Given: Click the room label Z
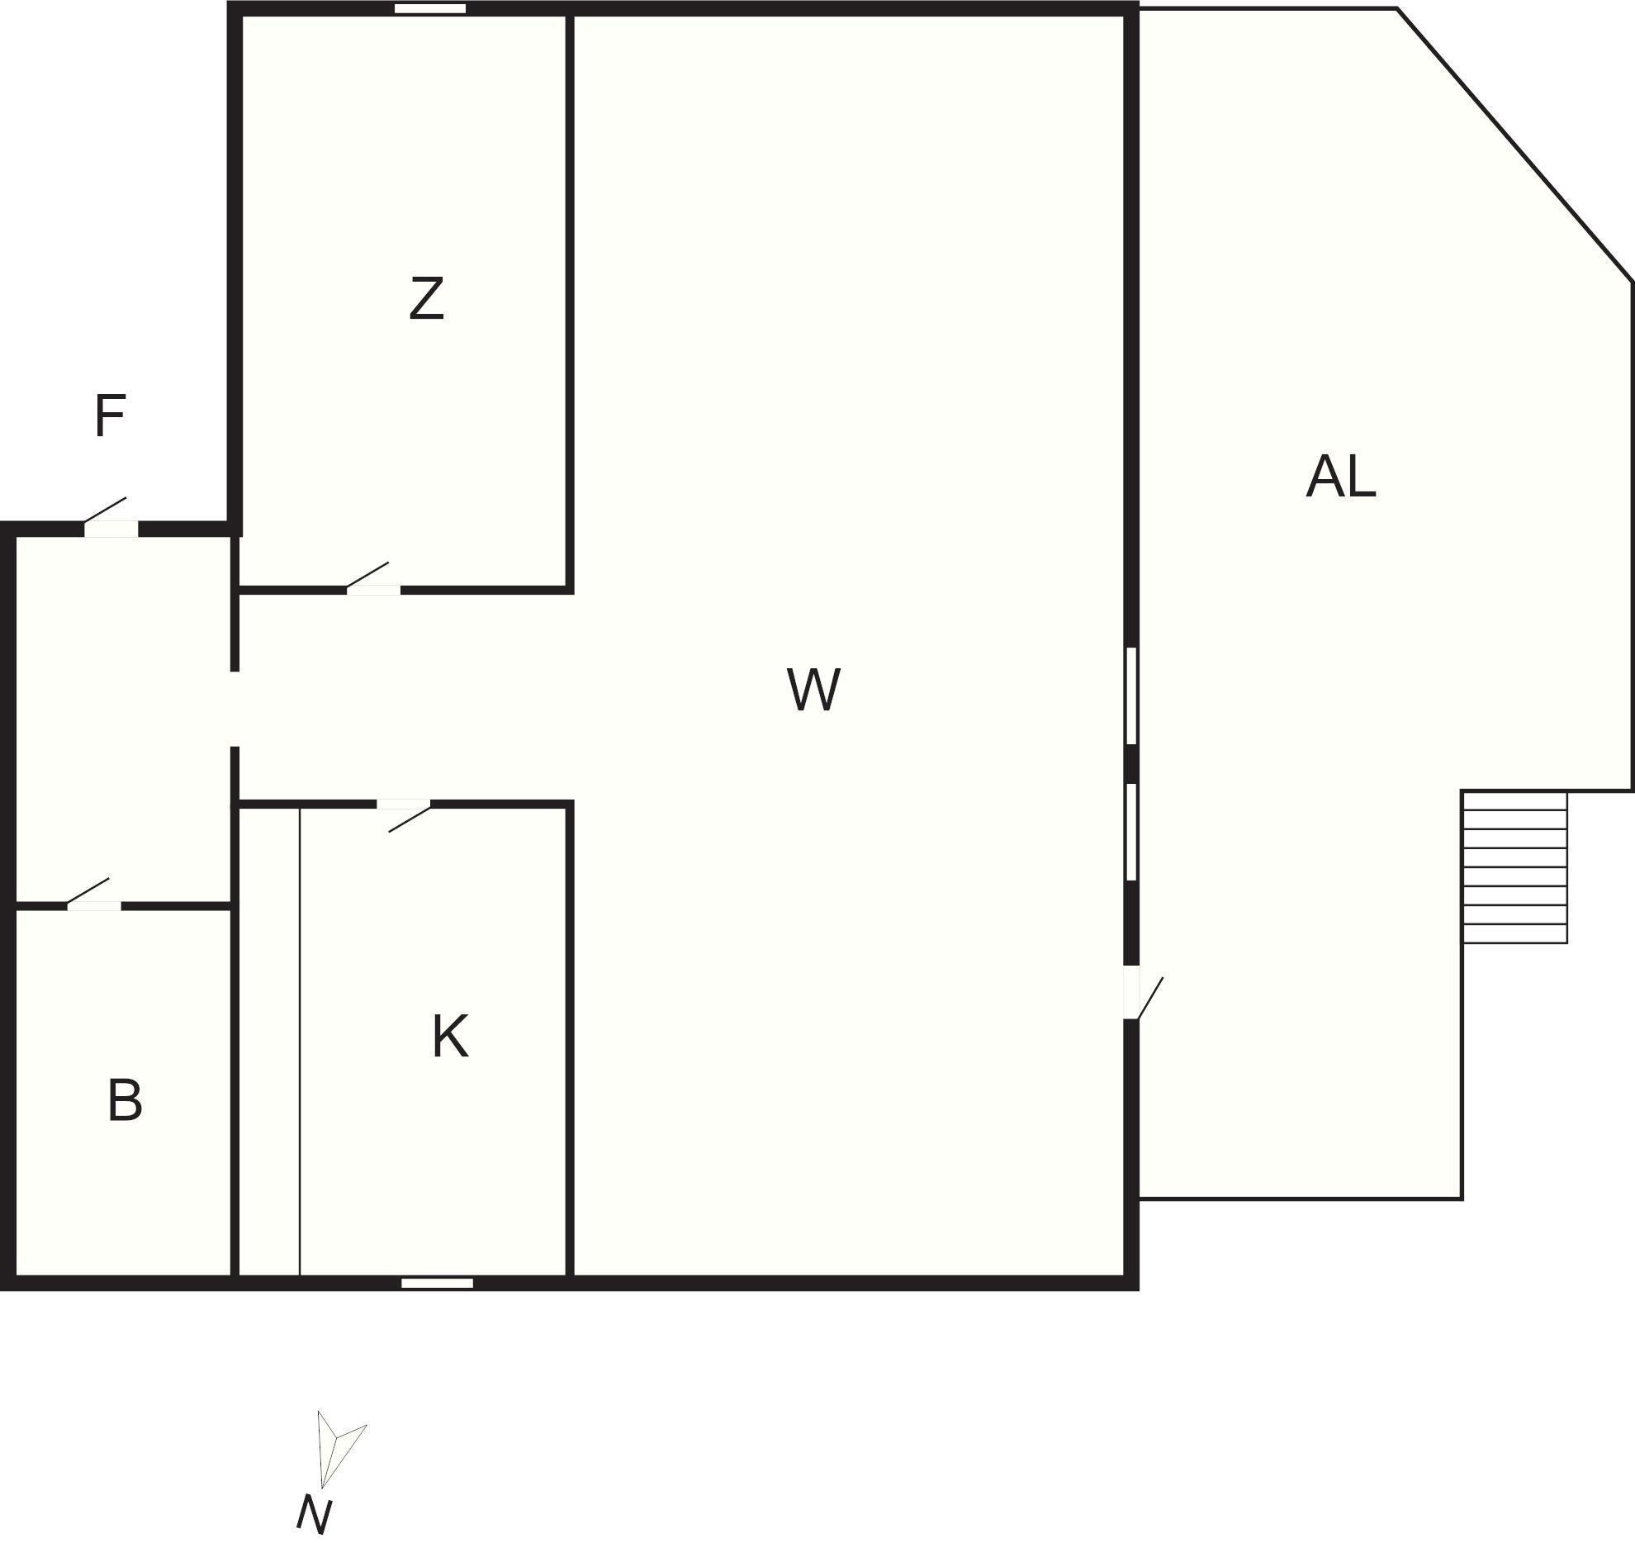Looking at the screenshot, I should click(x=427, y=299).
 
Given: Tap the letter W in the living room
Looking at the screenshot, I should click(x=813, y=690).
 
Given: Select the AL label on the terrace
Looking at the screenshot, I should click(x=1340, y=477).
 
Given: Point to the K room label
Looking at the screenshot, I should click(x=450, y=1037).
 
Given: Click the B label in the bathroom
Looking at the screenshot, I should click(x=125, y=1101).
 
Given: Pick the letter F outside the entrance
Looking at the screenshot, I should click(x=110, y=416).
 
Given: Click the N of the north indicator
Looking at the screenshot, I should click(x=314, y=1515).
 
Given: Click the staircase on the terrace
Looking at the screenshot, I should click(x=1514, y=867).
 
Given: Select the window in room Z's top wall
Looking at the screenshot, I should click(x=429, y=9).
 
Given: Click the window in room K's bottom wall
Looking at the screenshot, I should click(x=437, y=1284).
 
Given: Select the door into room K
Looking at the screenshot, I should click(x=404, y=805).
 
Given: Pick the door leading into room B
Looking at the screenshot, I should click(x=93, y=906).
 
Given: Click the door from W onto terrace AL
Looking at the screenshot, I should click(x=1132, y=992).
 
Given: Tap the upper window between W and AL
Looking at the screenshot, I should click(x=1131, y=696).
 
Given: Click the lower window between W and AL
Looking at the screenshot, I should click(x=1131, y=832).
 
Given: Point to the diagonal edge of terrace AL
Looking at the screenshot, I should click(x=1514, y=145).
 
